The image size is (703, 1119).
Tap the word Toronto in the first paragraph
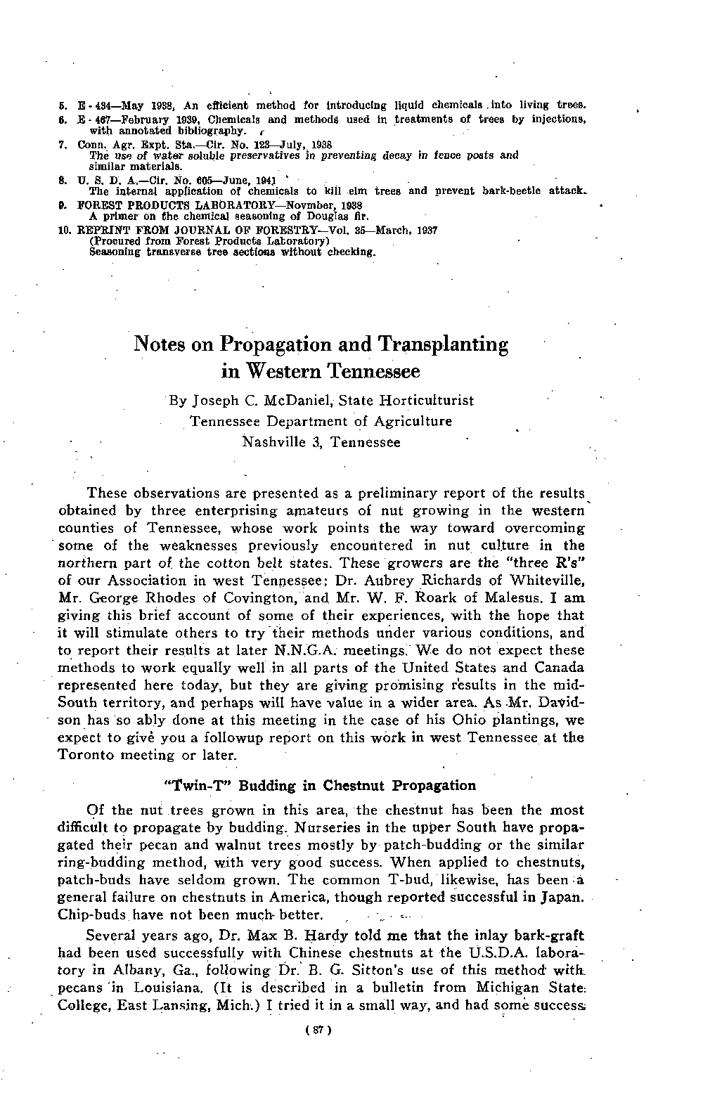pyautogui.click(x=86, y=756)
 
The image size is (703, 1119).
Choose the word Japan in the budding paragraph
pyautogui.click(x=563, y=898)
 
